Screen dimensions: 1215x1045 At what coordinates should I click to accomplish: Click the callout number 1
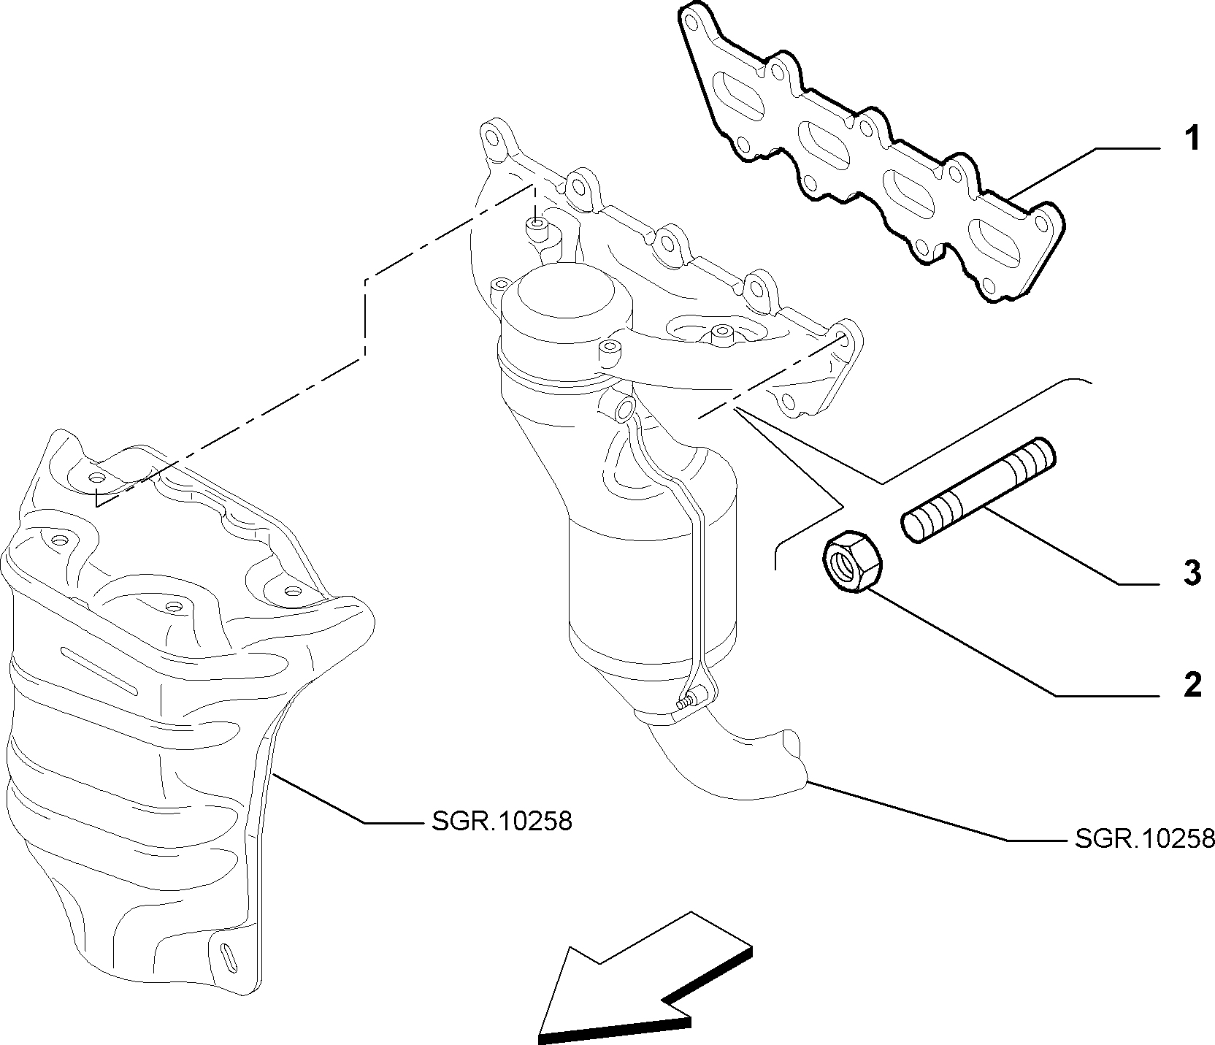coord(1191,138)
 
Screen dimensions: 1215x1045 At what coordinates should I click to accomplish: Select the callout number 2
coord(1191,685)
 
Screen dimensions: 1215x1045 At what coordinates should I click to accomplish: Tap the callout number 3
coord(1191,573)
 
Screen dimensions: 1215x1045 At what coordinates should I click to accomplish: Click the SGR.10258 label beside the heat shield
coord(497,822)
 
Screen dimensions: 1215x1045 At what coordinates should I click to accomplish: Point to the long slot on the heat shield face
coord(99,670)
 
